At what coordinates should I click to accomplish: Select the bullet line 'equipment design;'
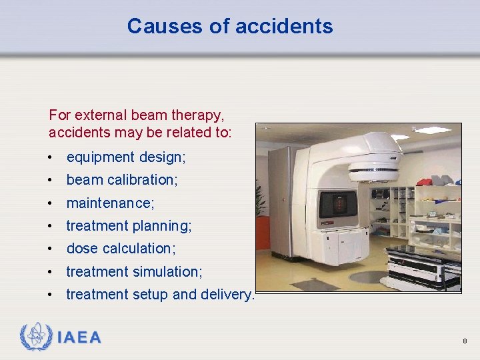pyautogui.click(x=126, y=157)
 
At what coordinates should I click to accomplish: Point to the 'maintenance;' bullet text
pyautogui.click(x=110, y=203)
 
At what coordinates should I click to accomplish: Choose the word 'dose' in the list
pyautogui.click(x=81, y=249)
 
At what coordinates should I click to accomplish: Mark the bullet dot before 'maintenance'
pyautogui.click(x=51, y=203)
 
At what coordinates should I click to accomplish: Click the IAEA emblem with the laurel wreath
pyautogui.click(x=35, y=337)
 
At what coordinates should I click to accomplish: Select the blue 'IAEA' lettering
pyautogui.click(x=79, y=337)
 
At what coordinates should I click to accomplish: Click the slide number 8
pyautogui.click(x=465, y=341)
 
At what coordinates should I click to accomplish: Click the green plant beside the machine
pyautogui.click(x=261, y=200)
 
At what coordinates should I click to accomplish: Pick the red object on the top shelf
pyautogui.click(x=424, y=181)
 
